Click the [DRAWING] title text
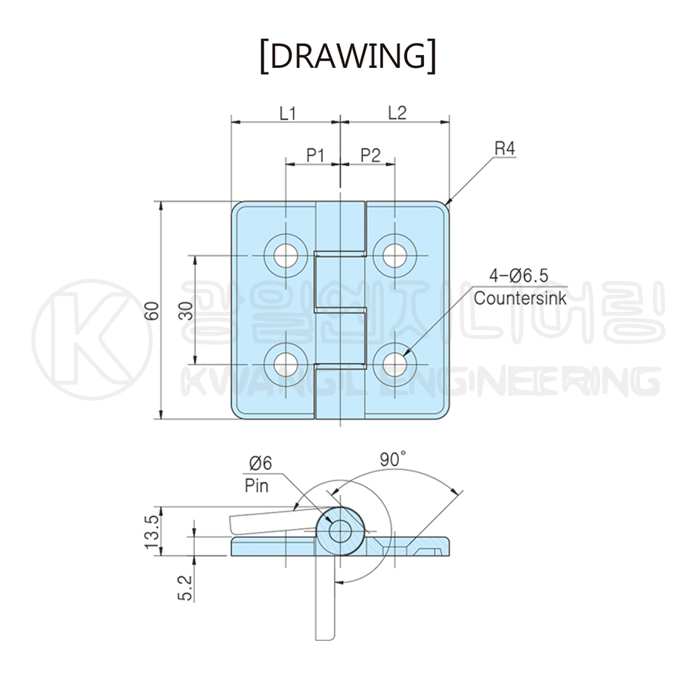point(348,56)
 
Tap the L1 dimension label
point(288,113)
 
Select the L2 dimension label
point(397,113)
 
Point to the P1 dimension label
point(316,156)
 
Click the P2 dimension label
point(370,156)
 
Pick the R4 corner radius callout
point(505,149)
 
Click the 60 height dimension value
point(152,311)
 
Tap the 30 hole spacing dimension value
point(187,311)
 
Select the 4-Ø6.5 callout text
point(519,276)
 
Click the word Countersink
point(520,298)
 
